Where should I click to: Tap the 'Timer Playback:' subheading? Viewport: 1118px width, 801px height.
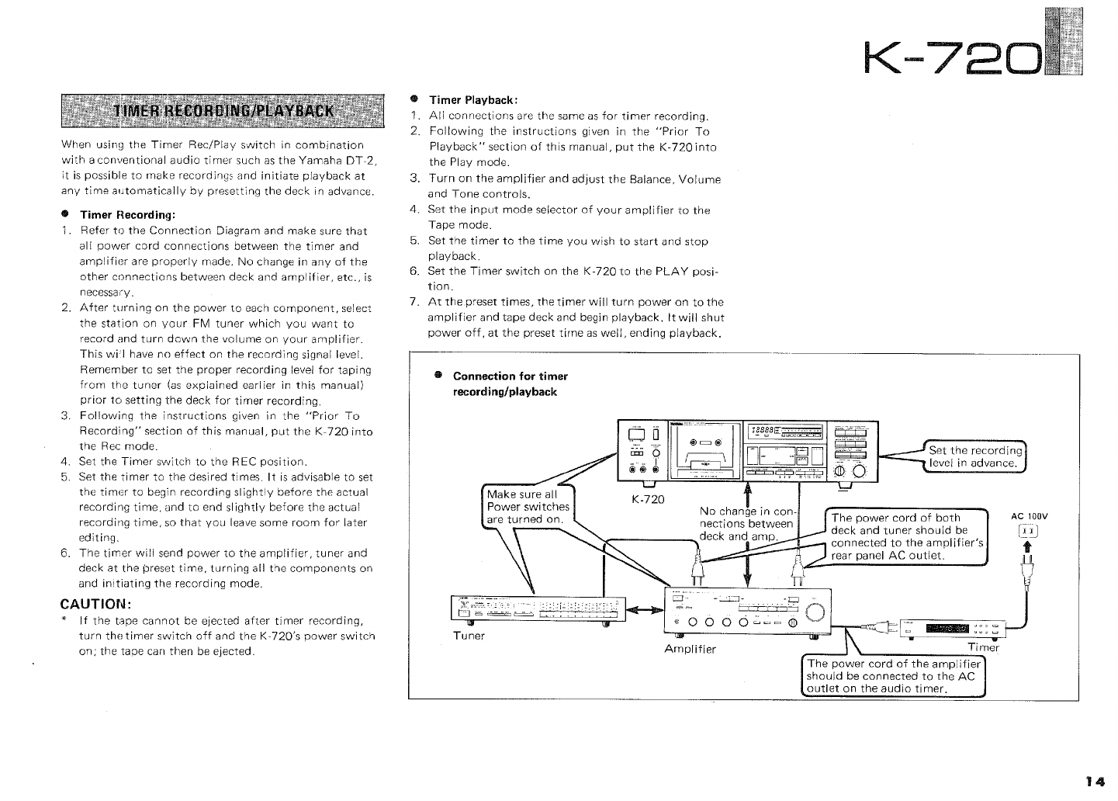(473, 100)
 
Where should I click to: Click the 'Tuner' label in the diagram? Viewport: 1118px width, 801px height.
(469, 636)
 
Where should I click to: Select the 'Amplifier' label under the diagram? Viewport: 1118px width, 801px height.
(691, 649)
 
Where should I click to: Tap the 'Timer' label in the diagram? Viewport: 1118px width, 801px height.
(983, 647)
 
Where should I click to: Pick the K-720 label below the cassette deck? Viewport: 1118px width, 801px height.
(648, 499)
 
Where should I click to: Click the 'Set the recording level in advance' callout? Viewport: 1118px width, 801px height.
(975, 457)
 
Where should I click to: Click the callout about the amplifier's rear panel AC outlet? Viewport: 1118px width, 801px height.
(905, 536)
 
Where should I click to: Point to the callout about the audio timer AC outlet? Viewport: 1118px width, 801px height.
(891, 677)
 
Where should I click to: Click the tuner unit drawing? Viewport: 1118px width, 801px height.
(534, 609)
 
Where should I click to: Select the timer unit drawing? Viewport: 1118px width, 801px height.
(951, 627)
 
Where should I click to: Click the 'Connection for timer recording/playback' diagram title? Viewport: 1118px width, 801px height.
(510, 383)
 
